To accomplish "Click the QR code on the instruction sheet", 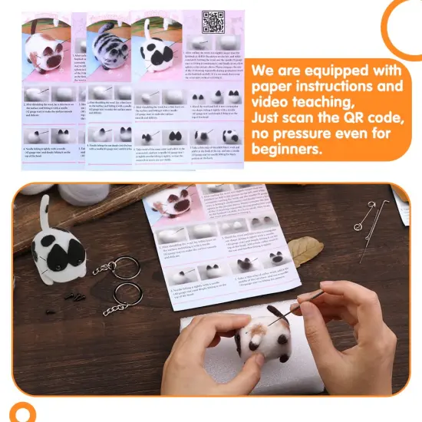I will coord(213,21).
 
